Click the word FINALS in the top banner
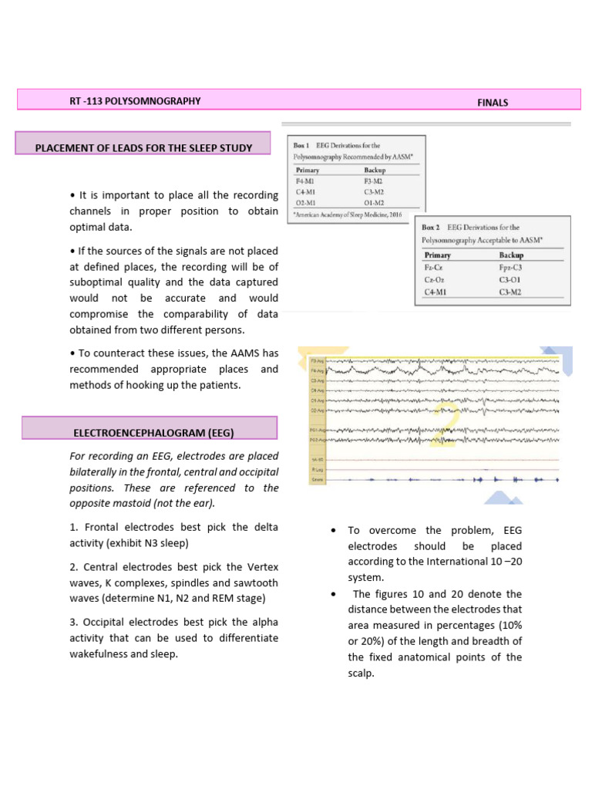point(493,103)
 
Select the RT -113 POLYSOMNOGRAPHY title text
point(135,101)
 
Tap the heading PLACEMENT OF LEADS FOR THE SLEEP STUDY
point(144,147)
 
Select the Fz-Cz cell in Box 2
point(434,267)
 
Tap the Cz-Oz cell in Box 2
point(435,279)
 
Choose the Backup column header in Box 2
point(511,255)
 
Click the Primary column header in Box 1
point(308,169)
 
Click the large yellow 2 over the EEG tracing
point(445,424)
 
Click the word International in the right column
point(445,561)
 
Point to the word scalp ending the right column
point(359,673)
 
